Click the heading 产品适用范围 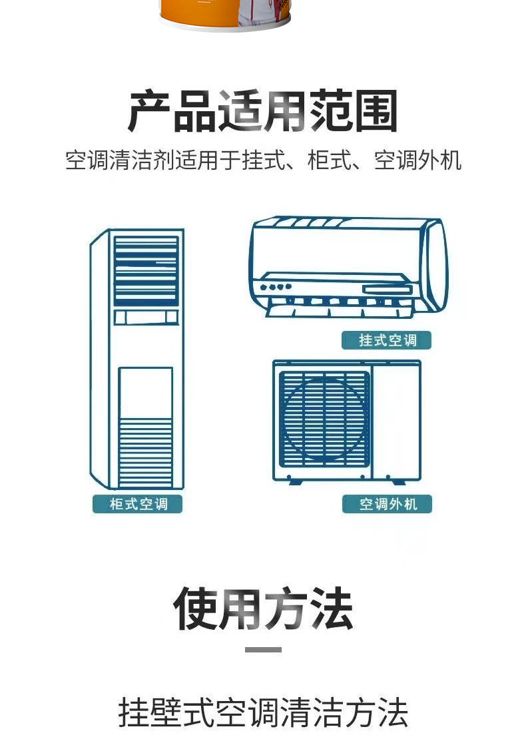[263, 111]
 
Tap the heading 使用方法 [263, 609]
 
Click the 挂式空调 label [387, 340]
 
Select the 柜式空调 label [137, 504]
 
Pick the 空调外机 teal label [387, 504]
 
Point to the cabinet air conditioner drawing [137, 360]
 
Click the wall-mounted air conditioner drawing [348, 266]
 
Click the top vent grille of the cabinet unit [146, 270]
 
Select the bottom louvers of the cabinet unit [145, 453]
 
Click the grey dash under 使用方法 [263, 649]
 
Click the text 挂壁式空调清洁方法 [263, 712]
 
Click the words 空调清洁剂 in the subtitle [120, 160]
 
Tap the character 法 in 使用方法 [330, 609]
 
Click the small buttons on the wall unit [276, 288]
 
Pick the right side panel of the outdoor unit [397, 419]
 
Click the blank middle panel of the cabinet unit [145, 392]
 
